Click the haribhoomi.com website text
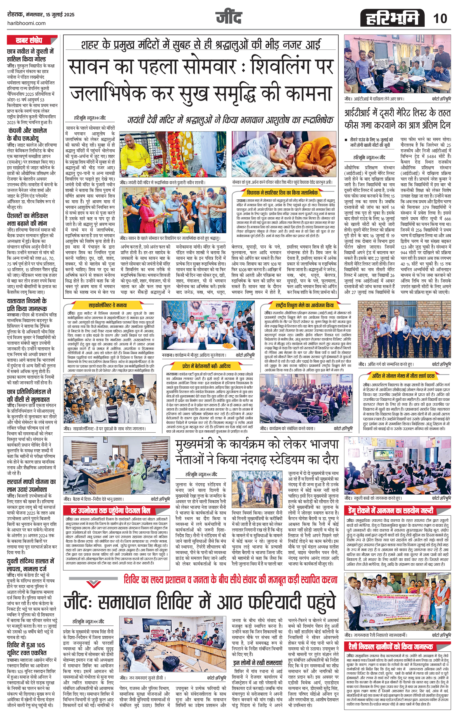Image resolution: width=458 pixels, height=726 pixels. pos(26,23)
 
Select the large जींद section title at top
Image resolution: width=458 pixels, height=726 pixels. pos(229,18)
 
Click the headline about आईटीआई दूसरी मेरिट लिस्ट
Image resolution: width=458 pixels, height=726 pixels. pos(397,119)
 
